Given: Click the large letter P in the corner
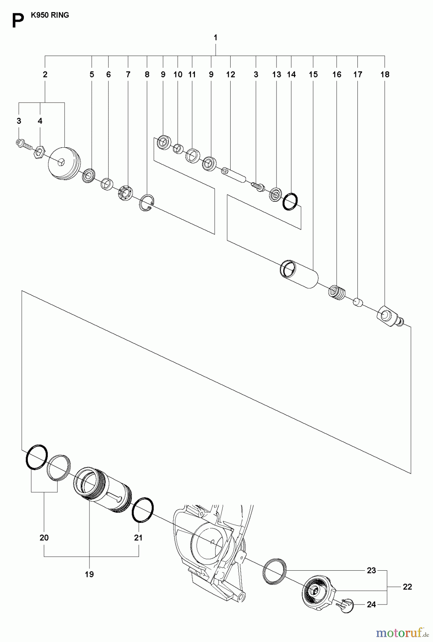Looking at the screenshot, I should tap(18, 21).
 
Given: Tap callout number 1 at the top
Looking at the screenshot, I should tap(216, 37).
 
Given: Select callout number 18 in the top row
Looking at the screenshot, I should tap(385, 75).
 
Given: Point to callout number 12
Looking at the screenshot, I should tap(231, 75).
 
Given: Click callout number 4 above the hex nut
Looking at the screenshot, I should tap(40, 121).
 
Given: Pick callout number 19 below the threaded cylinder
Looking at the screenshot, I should tap(89, 574).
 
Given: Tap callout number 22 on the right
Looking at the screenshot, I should tap(407, 587).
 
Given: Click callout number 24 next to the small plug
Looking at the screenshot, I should tap(371, 605).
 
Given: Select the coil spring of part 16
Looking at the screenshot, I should tap(337, 293).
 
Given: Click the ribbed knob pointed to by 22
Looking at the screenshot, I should tap(319, 591).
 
